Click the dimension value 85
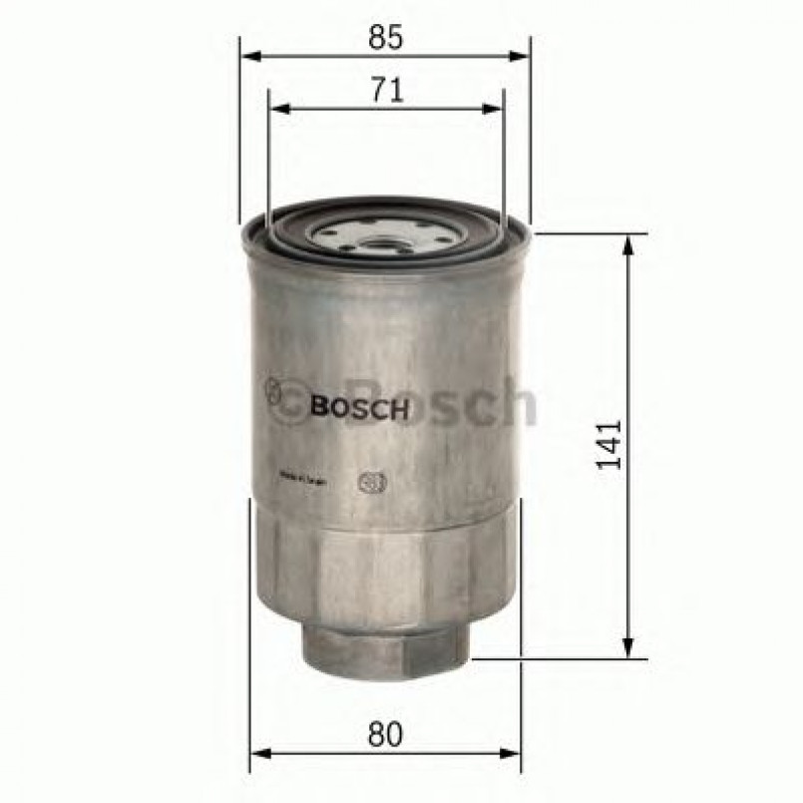(x=385, y=39)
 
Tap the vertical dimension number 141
(x=610, y=445)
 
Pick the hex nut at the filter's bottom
(x=384, y=654)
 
